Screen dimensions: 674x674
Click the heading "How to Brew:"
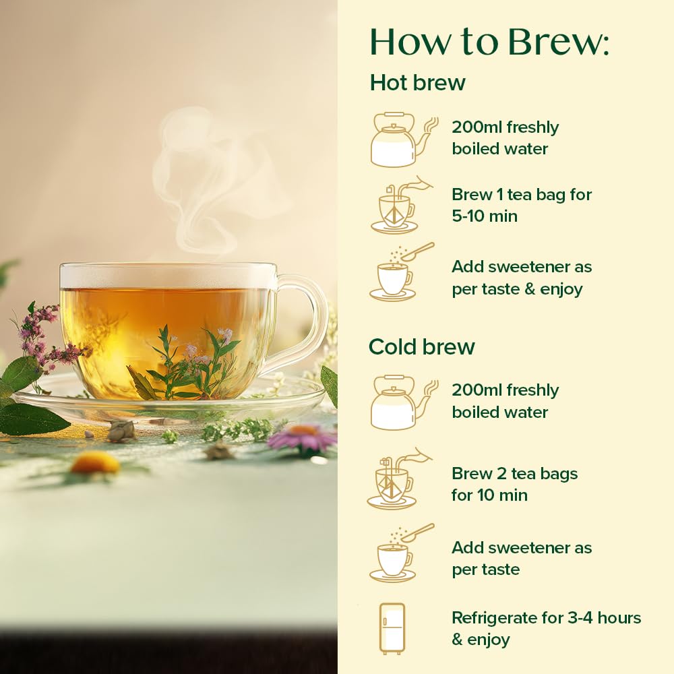pos(489,42)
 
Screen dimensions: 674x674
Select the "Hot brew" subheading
pos(417,82)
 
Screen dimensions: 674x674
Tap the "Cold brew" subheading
pos(421,346)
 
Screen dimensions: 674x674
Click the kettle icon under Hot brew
pos(401,140)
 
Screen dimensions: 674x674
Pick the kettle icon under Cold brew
pos(401,402)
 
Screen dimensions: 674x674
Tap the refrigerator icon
pos(392,628)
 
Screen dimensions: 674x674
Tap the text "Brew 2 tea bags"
pos(514,474)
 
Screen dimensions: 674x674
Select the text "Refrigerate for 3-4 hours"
pos(546,617)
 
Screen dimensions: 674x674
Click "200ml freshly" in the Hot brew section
pos(505,127)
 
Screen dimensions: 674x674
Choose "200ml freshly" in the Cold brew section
pos(505,390)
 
